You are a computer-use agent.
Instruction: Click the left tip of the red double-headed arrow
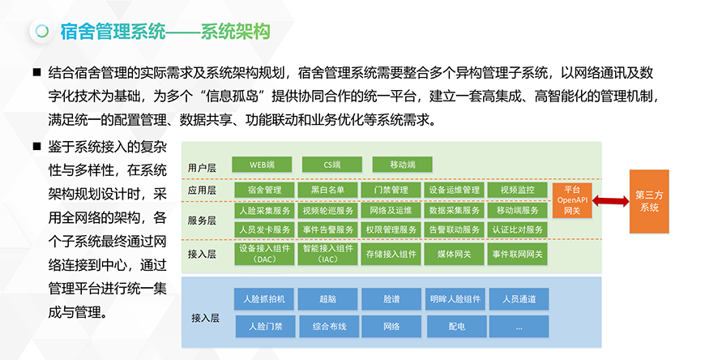[592, 201]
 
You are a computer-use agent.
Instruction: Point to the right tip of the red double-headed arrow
[629, 201]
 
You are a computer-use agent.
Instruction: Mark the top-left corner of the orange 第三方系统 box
[630, 170]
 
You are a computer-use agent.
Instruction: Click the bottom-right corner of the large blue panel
[601, 348]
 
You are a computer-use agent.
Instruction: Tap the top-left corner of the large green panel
[182, 142]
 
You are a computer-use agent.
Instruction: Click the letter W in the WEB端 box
[253, 165]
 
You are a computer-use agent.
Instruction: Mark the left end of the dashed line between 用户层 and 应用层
[182, 179]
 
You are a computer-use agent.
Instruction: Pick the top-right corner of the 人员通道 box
[549, 289]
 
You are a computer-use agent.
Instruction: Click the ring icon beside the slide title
[42, 32]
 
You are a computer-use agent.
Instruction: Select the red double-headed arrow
[611, 201]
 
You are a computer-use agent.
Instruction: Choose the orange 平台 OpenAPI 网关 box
[572, 200]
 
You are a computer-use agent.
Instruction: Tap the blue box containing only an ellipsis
[519, 327]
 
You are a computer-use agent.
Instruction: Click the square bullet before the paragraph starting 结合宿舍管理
[37, 72]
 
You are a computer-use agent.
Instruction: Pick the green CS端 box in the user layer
[331, 165]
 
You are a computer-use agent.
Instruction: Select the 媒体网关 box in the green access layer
[454, 254]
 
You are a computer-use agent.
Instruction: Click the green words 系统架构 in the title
[235, 32]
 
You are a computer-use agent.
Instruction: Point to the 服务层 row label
[202, 221]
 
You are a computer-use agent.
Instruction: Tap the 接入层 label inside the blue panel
[205, 318]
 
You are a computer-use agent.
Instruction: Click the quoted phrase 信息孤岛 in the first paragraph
[231, 96]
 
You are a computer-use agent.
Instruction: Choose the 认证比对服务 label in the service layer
[518, 229]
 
